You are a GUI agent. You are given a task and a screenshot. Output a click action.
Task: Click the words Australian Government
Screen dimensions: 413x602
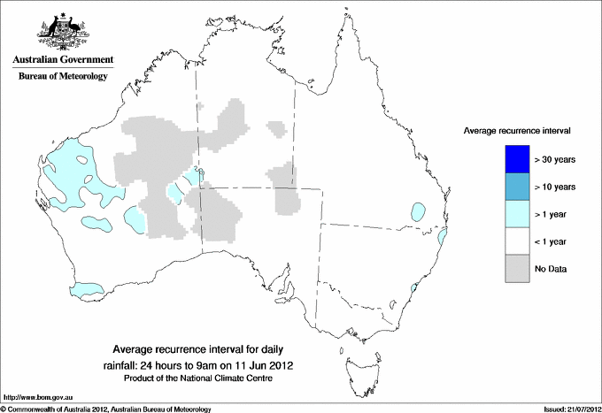[x=62, y=61]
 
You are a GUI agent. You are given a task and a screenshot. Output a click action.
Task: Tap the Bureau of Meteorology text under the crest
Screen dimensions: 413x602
[x=62, y=76]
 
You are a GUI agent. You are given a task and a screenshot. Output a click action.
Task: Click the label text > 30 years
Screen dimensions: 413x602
[x=555, y=160]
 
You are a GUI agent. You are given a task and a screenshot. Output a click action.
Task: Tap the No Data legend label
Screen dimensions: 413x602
[x=551, y=268]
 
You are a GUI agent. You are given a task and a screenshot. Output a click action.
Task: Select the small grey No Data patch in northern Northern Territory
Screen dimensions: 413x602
[x=278, y=128]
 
